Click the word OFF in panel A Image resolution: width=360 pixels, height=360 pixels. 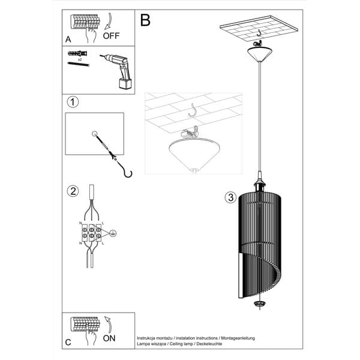pos(112,35)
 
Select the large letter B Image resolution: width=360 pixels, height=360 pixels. pos(145,20)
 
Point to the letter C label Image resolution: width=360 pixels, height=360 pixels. pos(68,343)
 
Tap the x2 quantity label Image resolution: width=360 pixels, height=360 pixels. pos(80,61)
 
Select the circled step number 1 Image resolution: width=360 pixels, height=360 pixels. pos(73,102)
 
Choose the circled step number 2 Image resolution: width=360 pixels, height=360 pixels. pos(73,192)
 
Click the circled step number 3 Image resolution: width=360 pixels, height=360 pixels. pos(230,198)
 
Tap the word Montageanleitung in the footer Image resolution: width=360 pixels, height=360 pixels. pos(238,338)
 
